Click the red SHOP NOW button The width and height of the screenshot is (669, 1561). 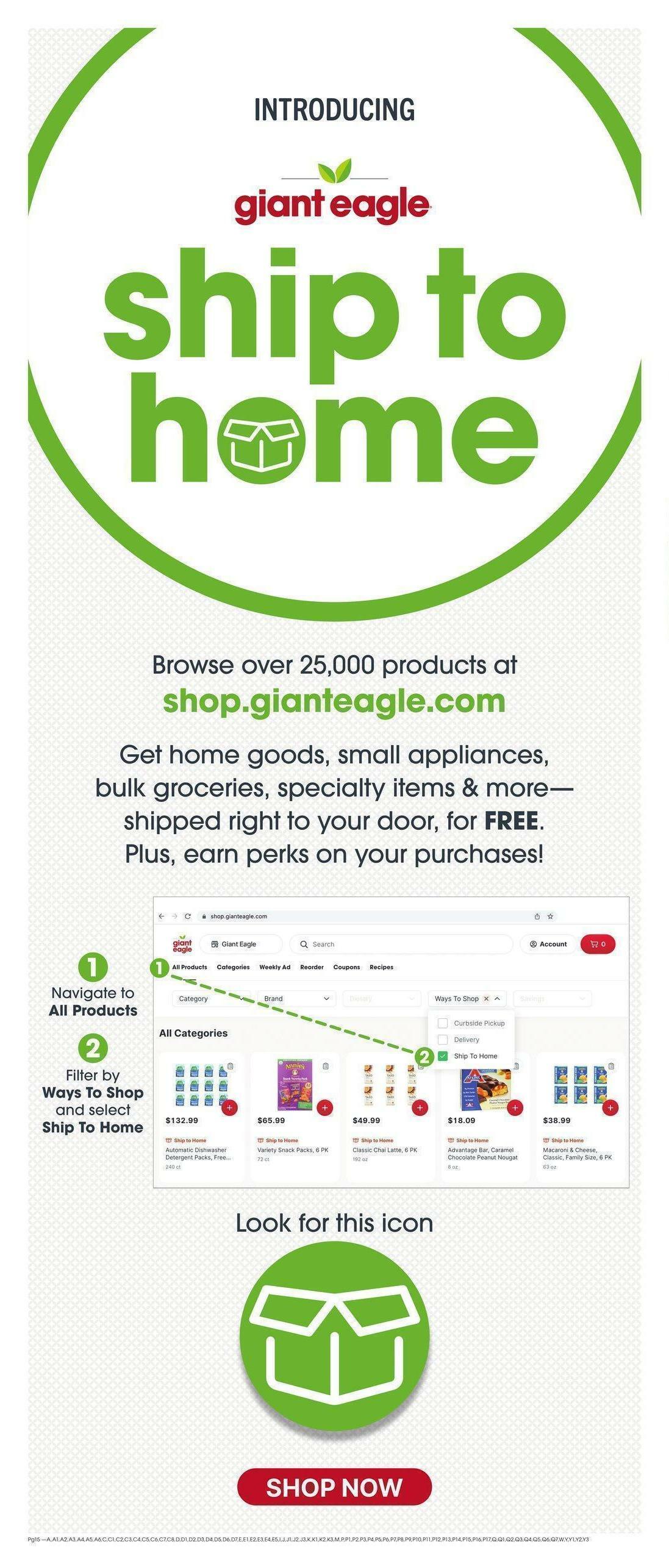(334, 1487)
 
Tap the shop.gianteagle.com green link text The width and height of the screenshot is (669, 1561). (334, 701)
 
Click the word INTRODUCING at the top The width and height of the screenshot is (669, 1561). (334, 110)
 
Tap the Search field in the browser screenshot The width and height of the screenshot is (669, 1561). (401, 944)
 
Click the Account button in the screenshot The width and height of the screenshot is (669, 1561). (548, 944)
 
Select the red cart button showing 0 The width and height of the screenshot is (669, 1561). (598, 944)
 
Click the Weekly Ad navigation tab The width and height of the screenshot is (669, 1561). (274, 967)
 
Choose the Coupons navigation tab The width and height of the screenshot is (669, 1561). (346, 967)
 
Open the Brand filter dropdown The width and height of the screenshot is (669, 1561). (296, 999)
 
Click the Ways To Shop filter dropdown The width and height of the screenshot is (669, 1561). (467, 999)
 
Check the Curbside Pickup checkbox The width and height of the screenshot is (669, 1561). (443, 1023)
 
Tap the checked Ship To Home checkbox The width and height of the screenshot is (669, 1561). (443, 1056)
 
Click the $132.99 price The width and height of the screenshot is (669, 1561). (182, 1120)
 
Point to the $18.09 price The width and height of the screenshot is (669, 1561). (462, 1120)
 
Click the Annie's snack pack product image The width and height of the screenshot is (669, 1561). (295, 1085)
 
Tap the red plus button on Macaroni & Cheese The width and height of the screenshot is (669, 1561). (610, 1107)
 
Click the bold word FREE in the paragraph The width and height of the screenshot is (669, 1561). (511, 821)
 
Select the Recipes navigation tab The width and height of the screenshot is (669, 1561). (381, 967)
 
